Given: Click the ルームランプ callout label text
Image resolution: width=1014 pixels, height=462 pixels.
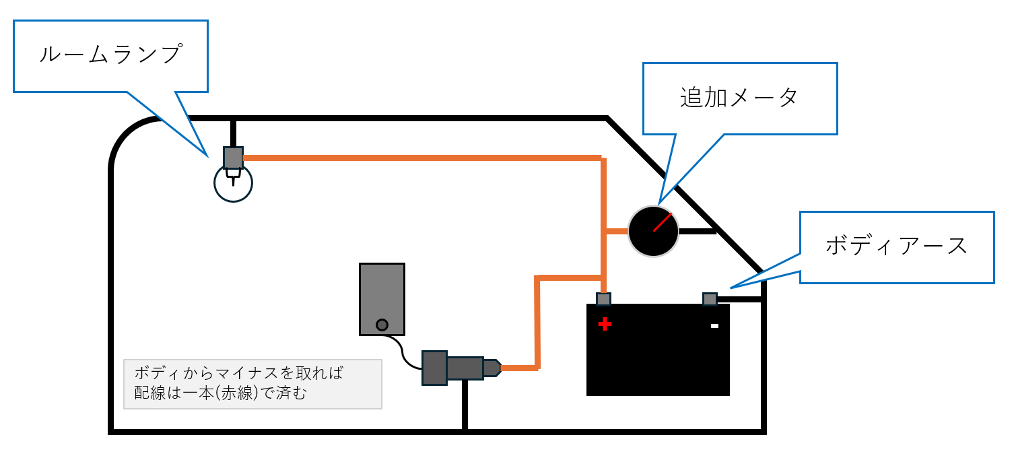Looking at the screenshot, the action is point(111,55).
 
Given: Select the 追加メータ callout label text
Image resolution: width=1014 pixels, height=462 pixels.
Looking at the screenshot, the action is point(739,98).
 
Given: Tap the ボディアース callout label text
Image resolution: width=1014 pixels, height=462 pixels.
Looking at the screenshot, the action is point(896,246).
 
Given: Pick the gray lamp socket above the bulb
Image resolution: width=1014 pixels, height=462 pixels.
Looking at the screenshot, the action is point(233,158).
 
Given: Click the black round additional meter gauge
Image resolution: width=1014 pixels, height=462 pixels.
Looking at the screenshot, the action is point(653,232).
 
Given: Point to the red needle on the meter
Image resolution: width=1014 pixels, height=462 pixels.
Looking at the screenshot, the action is point(663,222).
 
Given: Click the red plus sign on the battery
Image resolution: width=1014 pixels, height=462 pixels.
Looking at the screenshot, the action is point(605,324).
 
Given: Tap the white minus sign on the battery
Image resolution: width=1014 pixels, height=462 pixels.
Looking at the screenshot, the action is point(715,326).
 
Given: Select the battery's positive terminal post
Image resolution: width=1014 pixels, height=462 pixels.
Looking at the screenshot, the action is point(603,299).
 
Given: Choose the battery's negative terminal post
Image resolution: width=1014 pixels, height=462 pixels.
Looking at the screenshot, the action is point(710,299).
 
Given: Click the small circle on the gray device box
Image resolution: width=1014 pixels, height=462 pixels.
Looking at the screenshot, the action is point(382,325).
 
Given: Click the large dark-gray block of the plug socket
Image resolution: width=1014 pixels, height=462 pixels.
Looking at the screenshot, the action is point(434,368).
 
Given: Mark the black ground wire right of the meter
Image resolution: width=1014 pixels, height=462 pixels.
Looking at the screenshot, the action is point(698,232).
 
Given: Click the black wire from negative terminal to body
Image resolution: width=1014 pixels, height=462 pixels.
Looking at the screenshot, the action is point(740,299).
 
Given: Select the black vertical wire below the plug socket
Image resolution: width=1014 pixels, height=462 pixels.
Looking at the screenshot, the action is point(465,405).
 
